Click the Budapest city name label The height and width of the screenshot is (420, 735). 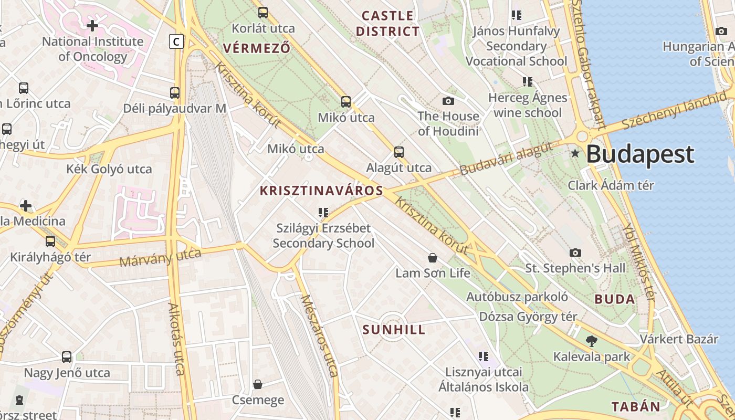click(639, 154)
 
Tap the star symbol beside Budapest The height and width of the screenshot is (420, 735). click(575, 154)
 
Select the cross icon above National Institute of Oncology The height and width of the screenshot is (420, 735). click(92, 25)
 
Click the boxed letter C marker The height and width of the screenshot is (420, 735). click(176, 41)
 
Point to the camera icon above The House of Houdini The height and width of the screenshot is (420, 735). click(448, 101)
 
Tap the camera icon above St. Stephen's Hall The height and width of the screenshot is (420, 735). click(575, 253)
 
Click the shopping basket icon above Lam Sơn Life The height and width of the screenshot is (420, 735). click(432, 258)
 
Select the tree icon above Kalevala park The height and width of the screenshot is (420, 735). click(591, 341)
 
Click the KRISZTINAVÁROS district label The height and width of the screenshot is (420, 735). click(321, 191)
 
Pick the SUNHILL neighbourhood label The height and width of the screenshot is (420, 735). click(394, 330)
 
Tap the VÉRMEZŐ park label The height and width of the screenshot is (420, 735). click(256, 48)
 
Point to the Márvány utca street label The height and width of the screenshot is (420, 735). click(160, 257)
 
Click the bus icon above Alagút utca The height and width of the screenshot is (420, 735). click(399, 152)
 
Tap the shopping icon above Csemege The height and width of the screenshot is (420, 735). click(258, 385)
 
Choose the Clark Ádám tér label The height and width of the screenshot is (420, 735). click(611, 185)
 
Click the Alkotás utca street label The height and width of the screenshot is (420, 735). click(176, 339)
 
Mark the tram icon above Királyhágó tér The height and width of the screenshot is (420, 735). click(50, 241)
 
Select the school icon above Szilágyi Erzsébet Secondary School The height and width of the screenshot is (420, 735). click(323, 213)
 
